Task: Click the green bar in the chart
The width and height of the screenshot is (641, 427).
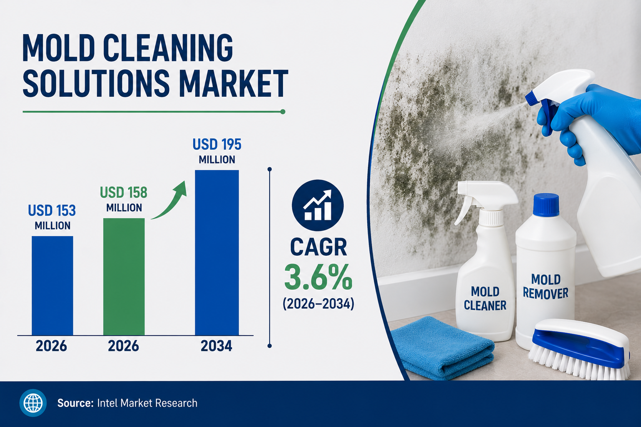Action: click(124, 276)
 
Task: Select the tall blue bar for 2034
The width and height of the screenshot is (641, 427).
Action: click(217, 253)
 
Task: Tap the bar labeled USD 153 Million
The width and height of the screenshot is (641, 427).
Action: click(52, 285)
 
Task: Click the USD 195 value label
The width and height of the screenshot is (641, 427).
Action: click(217, 144)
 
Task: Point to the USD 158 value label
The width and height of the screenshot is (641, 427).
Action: click(124, 193)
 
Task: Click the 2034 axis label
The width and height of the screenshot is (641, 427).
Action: click(216, 346)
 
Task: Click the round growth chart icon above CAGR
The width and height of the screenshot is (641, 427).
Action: click(318, 205)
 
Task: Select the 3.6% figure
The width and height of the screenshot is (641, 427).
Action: click(318, 277)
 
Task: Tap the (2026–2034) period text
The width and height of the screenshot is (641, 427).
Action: click(318, 304)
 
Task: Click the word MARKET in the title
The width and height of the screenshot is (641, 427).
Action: click(234, 84)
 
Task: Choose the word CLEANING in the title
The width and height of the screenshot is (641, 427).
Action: click(169, 48)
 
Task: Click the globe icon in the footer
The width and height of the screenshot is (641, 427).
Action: click(33, 403)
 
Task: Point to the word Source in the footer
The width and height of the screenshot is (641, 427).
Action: click(76, 403)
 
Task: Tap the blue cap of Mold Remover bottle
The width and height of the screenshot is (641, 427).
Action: click(546, 205)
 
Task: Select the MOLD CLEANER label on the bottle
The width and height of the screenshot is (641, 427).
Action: click(485, 299)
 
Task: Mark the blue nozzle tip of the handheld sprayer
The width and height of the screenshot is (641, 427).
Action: click(530, 97)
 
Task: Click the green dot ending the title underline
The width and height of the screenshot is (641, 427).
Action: click(283, 112)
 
